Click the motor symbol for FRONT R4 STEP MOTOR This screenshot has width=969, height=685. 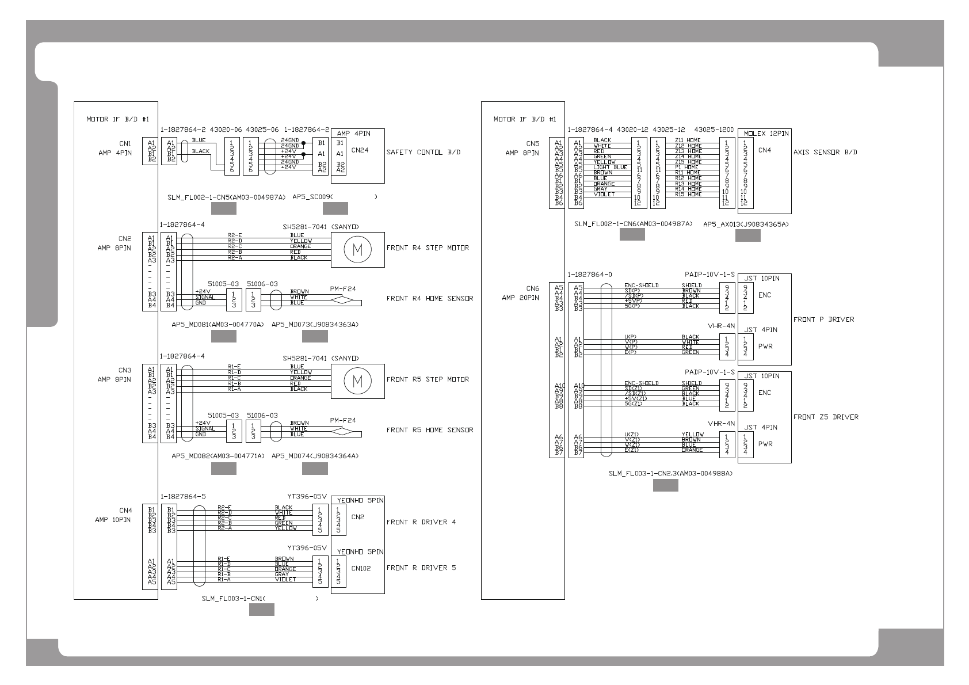tap(357, 249)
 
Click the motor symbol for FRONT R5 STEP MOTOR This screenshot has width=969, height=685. tap(357, 380)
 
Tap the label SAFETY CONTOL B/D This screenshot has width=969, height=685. tap(423, 153)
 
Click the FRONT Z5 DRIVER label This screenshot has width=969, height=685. tap(826, 417)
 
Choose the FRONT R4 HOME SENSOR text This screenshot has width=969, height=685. tap(430, 299)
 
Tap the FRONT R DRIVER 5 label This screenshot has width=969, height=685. tap(421, 568)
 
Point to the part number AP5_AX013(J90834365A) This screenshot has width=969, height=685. tap(746, 224)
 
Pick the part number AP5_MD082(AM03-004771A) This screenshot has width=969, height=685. tap(218, 456)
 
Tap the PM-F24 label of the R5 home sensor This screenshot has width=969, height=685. tap(342, 420)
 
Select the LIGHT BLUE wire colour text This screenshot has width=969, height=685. tap(611, 168)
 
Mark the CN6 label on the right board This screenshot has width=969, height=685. tap(532, 289)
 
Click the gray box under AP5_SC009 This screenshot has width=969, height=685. tap(335, 208)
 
